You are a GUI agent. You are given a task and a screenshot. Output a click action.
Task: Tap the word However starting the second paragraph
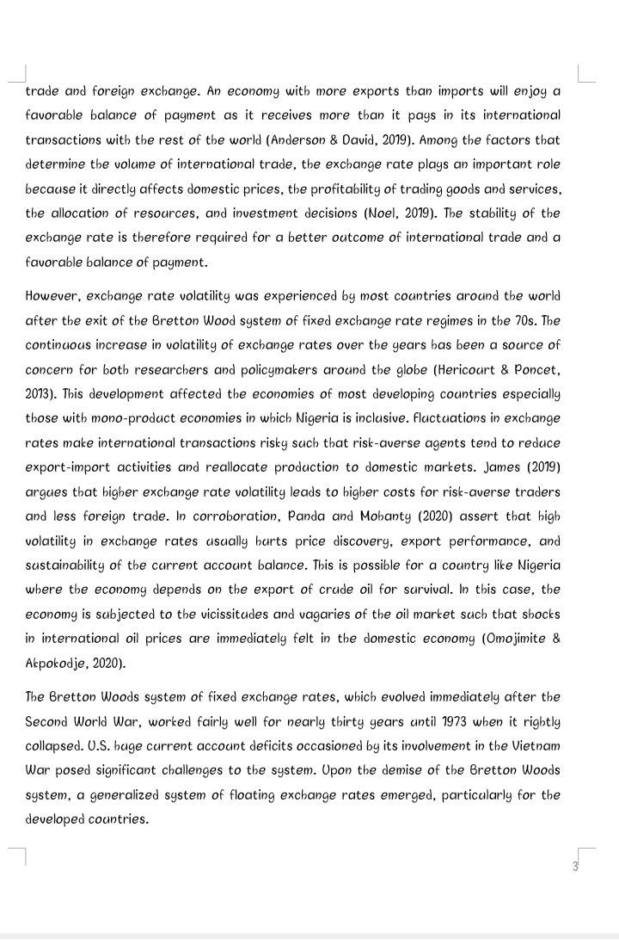54,296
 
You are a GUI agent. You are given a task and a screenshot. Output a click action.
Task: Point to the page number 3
575,866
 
